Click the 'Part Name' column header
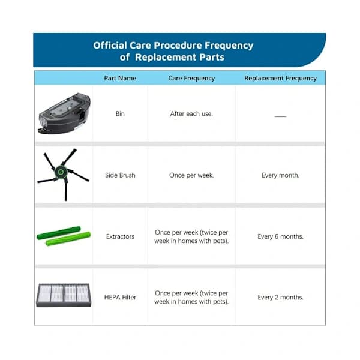click(120, 78)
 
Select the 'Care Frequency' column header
click(191, 78)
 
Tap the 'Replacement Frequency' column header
click(280, 78)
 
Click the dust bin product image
click(64, 113)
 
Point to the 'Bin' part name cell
click(120, 113)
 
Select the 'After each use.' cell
click(191, 113)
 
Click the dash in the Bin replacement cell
click(280, 116)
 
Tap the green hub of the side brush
click(61, 172)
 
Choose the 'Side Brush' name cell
click(120, 175)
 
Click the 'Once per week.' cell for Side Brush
click(191, 175)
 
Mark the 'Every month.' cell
click(280, 175)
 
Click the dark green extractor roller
click(59, 233)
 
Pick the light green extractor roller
click(68, 239)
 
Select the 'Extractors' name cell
click(120, 236)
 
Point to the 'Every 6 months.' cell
click(280, 236)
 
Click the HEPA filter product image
click(64, 295)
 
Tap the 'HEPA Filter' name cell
click(120, 298)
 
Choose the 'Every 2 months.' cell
click(280, 298)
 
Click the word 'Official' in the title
click(110, 45)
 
